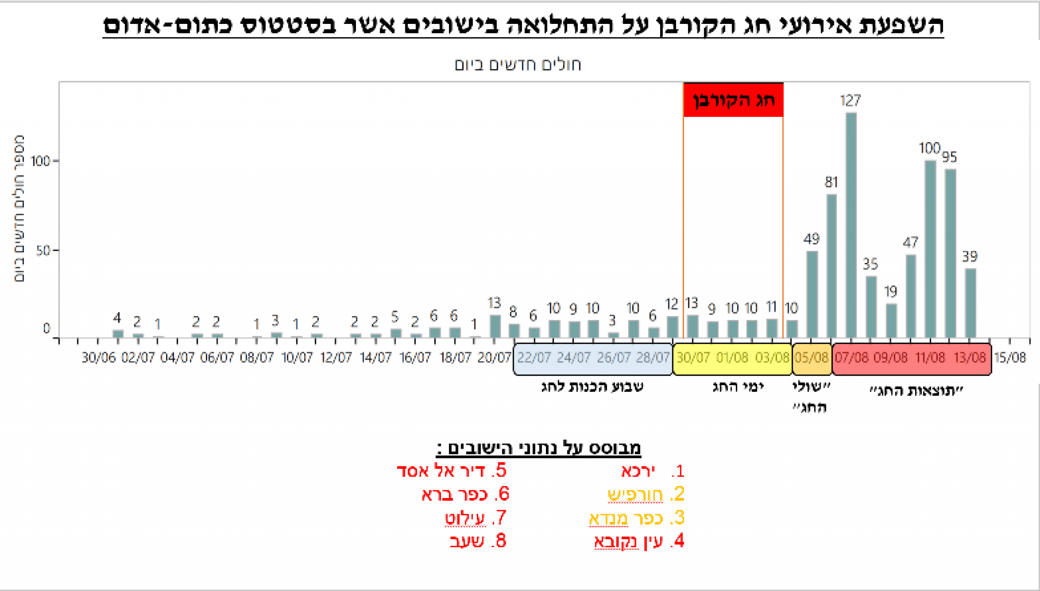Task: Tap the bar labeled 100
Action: tap(930, 249)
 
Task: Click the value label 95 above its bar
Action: tap(950, 157)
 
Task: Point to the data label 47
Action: tap(911, 242)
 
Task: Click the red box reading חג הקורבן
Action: tap(733, 100)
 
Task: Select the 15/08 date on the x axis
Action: tap(1010, 358)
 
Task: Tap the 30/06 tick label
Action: tap(99, 358)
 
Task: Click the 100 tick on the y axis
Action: tap(40, 162)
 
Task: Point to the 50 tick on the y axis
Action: tap(43, 251)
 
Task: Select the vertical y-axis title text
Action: tap(19, 208)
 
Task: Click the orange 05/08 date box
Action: tap(811, 358)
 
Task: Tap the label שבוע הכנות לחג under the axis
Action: tap(592, 387)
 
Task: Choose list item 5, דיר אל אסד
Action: tap(452, 471)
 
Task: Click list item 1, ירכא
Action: tap(653, 471)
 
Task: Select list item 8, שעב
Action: tap(478, 541)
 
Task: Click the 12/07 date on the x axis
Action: tap(336, 358)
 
